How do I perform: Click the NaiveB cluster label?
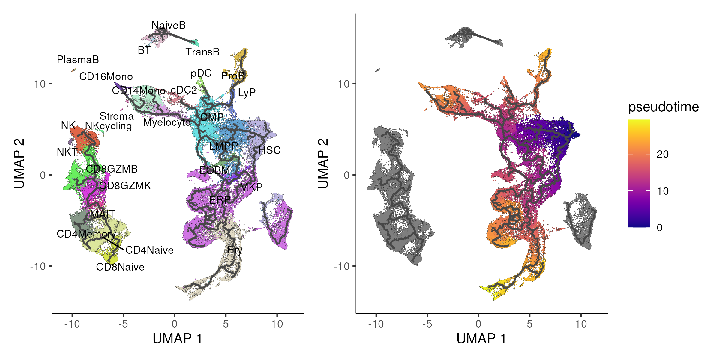point(169,25)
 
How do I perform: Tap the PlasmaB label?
point(78,60)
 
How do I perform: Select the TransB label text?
point(202,52)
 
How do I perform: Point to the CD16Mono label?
point(106,76)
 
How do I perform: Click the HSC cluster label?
point(269,150)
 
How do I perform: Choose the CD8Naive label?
point(120,267)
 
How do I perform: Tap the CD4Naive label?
point(149,250)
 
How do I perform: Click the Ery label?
point(235,250)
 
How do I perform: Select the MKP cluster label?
point(251,187)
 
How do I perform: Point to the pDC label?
point(201,73)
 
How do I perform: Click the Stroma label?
point(117,116)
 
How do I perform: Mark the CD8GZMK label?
point(125,186)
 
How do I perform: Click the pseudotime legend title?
point(664,107)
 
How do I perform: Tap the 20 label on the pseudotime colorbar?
point(663,154)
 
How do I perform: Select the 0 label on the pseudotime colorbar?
point(660,228)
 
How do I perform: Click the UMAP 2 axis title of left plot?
point(19,163)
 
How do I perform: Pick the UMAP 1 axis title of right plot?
point(481,339)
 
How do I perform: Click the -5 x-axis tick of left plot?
point(123,324)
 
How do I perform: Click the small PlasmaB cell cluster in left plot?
point(74,70)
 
